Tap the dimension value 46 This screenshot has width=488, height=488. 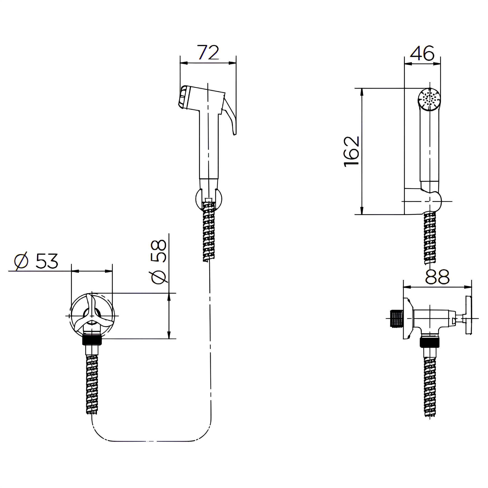(x=422, y=53)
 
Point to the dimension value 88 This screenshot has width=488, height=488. (x=437, y=277)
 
